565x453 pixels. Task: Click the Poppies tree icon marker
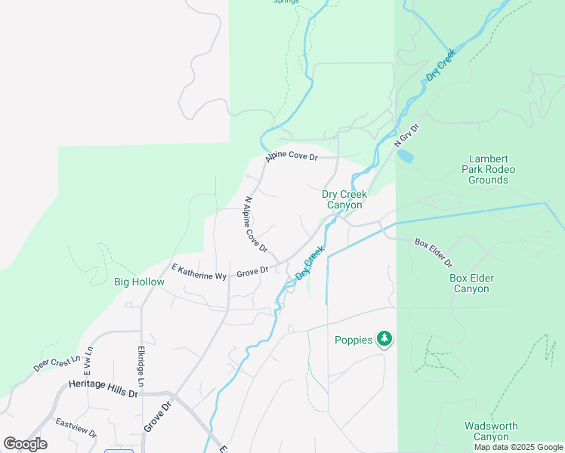385,339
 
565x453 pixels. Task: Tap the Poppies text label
354,340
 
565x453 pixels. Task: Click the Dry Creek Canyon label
344,199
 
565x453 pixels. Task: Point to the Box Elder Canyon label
471,283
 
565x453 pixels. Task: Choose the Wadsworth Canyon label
490,431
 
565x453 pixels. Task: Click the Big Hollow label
139,282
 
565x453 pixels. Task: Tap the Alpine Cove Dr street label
292,157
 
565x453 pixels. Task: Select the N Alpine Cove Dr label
255,224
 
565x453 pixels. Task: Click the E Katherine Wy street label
199,272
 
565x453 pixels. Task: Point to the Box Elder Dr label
434,253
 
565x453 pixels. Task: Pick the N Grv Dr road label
406,135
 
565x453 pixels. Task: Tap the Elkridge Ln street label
141,363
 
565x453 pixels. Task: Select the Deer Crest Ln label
57,364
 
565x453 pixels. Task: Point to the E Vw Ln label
88,361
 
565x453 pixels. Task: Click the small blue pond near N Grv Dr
406,156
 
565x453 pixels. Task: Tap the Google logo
25,444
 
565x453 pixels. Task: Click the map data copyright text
517,447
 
